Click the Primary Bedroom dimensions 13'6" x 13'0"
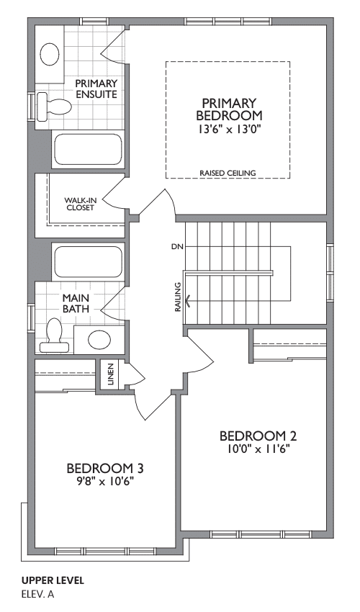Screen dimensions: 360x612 (229, 129)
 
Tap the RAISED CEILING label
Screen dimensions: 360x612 (228, 173)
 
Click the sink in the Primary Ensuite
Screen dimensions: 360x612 (50, 54)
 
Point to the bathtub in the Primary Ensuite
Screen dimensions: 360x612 (88, 150)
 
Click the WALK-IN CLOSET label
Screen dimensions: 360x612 (80, 204)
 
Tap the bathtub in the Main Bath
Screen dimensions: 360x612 (88, 262)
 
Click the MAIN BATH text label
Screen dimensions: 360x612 (76, 303)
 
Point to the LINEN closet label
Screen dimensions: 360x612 (110, 374)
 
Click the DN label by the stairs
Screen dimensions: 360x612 (177, 247)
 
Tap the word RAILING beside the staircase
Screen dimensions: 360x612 (178, 297)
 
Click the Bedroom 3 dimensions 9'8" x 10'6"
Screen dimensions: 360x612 (105, 482)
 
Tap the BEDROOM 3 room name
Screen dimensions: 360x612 (105, 468)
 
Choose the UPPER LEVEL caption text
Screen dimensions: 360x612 (53, 580)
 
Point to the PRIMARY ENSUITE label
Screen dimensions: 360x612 (96, 89)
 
